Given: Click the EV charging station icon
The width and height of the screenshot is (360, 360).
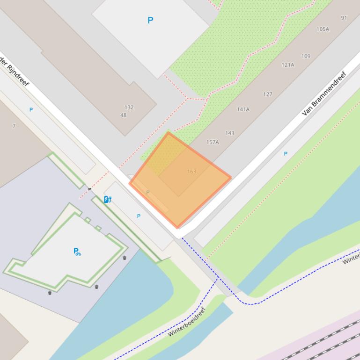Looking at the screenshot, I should tap(107, 200).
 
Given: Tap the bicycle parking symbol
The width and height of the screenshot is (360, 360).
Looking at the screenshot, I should tap(77, 252).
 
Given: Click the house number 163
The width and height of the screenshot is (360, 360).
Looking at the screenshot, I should tap(191, 172).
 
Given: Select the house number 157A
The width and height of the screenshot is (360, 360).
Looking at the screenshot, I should tap(213, 142).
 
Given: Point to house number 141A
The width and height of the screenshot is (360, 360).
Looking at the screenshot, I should tap(243, 109).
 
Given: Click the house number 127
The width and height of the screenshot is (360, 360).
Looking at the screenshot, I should tap(268, 94).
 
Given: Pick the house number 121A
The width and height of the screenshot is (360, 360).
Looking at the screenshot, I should tap(288, 65).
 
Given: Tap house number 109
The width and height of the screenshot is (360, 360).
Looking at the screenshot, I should tap(306, 56).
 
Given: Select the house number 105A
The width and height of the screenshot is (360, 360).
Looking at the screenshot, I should tap(323, 29).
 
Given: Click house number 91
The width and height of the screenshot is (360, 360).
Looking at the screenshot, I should tap(344, 18).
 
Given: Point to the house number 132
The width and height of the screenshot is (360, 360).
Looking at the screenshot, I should tap(129, 107).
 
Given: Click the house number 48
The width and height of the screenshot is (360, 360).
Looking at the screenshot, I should tap(123, 115).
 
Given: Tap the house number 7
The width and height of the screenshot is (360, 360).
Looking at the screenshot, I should tap(14, 126).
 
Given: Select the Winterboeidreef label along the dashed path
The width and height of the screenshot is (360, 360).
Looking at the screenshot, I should tap(187, 322).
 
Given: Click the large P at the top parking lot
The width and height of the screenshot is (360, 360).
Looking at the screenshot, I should tap(150, 20).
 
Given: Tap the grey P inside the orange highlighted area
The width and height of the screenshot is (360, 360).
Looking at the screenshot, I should tap(148, 192).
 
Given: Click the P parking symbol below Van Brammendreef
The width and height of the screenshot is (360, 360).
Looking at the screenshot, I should tap(286, 153).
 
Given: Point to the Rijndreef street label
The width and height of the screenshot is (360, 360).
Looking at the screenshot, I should tap(14, 72).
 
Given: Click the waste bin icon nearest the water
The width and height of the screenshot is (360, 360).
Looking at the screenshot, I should tap(125, 258).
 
